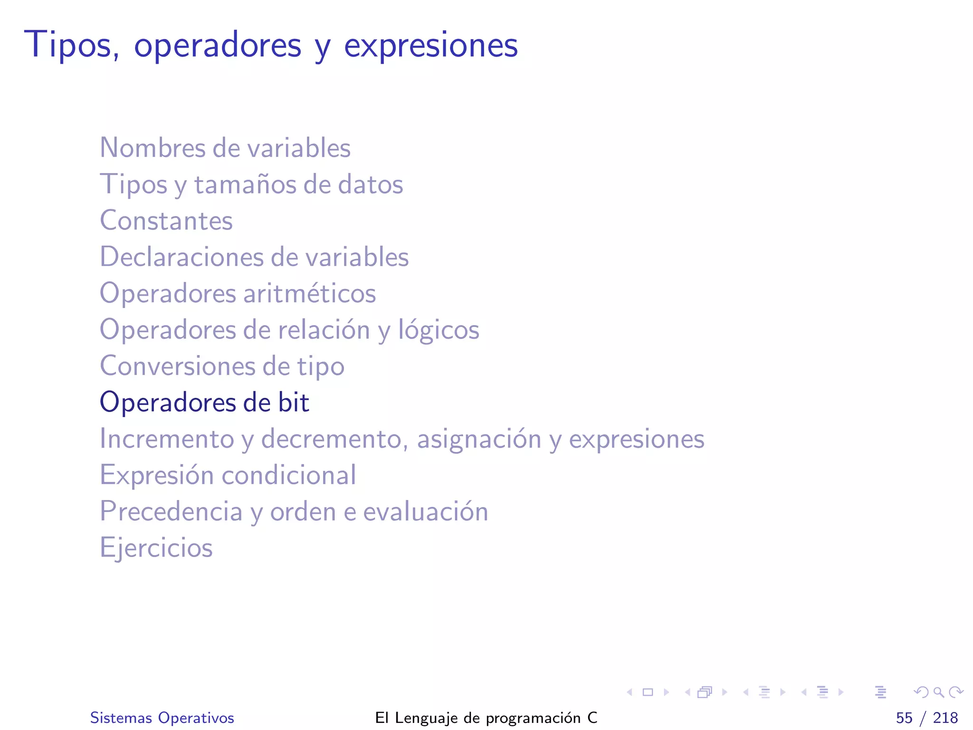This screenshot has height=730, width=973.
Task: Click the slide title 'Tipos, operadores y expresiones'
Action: coord(271,45)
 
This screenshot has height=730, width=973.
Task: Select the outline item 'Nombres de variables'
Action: coord(225,148)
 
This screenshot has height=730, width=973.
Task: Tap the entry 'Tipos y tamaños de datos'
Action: coord(251,184)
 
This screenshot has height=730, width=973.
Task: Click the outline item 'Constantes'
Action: coord(166,221)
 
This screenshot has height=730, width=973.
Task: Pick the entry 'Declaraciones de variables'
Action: coord(254,257)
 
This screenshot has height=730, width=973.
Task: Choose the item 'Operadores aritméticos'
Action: coord(238,293)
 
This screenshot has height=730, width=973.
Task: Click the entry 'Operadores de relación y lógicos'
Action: coord(289,330)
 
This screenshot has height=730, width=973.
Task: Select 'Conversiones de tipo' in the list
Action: coord(222,366)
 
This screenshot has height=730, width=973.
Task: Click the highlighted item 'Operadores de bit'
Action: coord(204,403)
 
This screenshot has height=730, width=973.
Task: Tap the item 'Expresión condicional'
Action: coord(228,475)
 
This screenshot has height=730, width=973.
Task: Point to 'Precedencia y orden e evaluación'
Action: coord(294,511)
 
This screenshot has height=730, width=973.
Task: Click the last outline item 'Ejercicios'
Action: coord(156,548)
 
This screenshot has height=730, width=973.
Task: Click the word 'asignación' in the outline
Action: coord(479,439)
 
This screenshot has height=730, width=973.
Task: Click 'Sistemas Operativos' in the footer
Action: coord(162,718)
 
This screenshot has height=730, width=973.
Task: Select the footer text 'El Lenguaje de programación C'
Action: coord(486,718)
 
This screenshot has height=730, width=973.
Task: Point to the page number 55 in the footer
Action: coord(904,718)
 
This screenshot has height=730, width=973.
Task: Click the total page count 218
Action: coord(945,718)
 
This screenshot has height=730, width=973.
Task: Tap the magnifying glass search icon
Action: coord(938,692)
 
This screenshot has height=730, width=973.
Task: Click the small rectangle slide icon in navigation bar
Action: coord(648,692)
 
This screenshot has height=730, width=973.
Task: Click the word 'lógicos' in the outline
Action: coord(439,330)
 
